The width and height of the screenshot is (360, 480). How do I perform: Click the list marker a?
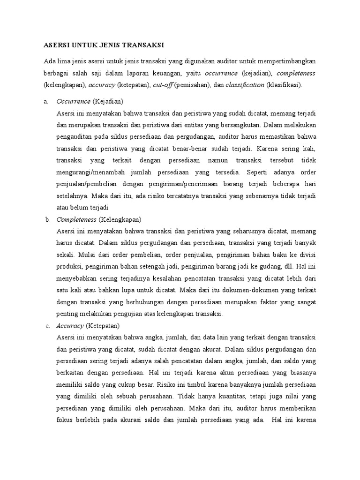(45, 101)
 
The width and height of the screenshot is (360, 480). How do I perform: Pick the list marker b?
(46, 219)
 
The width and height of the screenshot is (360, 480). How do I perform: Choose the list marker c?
(46, 326)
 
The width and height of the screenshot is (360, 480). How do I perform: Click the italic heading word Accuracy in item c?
(70, 326)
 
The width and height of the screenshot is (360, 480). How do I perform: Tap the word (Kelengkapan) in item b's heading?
(120, 219)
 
